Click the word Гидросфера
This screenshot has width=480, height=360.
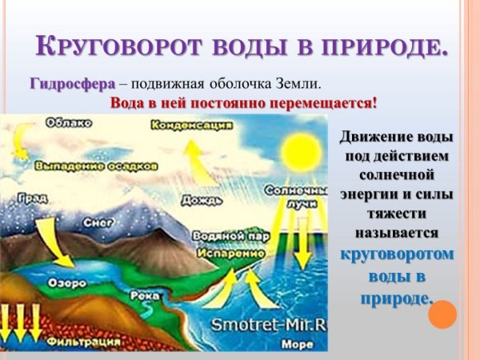tap(73, 84)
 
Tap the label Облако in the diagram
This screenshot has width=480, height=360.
tap(70, 122)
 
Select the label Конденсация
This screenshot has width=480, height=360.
tap(192, 126)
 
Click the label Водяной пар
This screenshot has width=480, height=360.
tap(227, 238)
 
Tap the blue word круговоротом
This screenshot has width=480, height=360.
tap(397, 255)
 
